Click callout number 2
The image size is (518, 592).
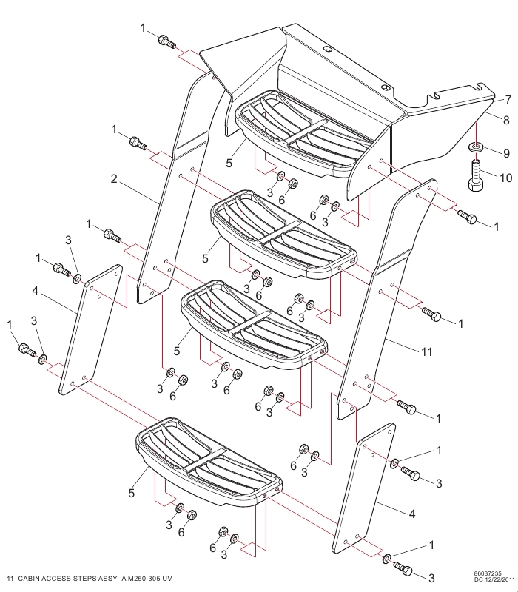click(x=114, y=178)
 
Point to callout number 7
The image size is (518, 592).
click(x=508, y=100)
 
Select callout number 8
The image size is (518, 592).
click(x=506, y=120)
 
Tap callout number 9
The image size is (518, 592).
click(x=506, y=153)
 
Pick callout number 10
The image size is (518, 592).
click(x=505, y=178)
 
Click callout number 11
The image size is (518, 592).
click(x=426, y=352)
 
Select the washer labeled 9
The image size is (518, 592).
click(x=476, y=146)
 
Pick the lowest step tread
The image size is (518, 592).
click(x=209, y=462)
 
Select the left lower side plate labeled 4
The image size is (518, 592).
click(x=91, y=329)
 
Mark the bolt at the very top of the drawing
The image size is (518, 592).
click(x=166, y=41)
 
